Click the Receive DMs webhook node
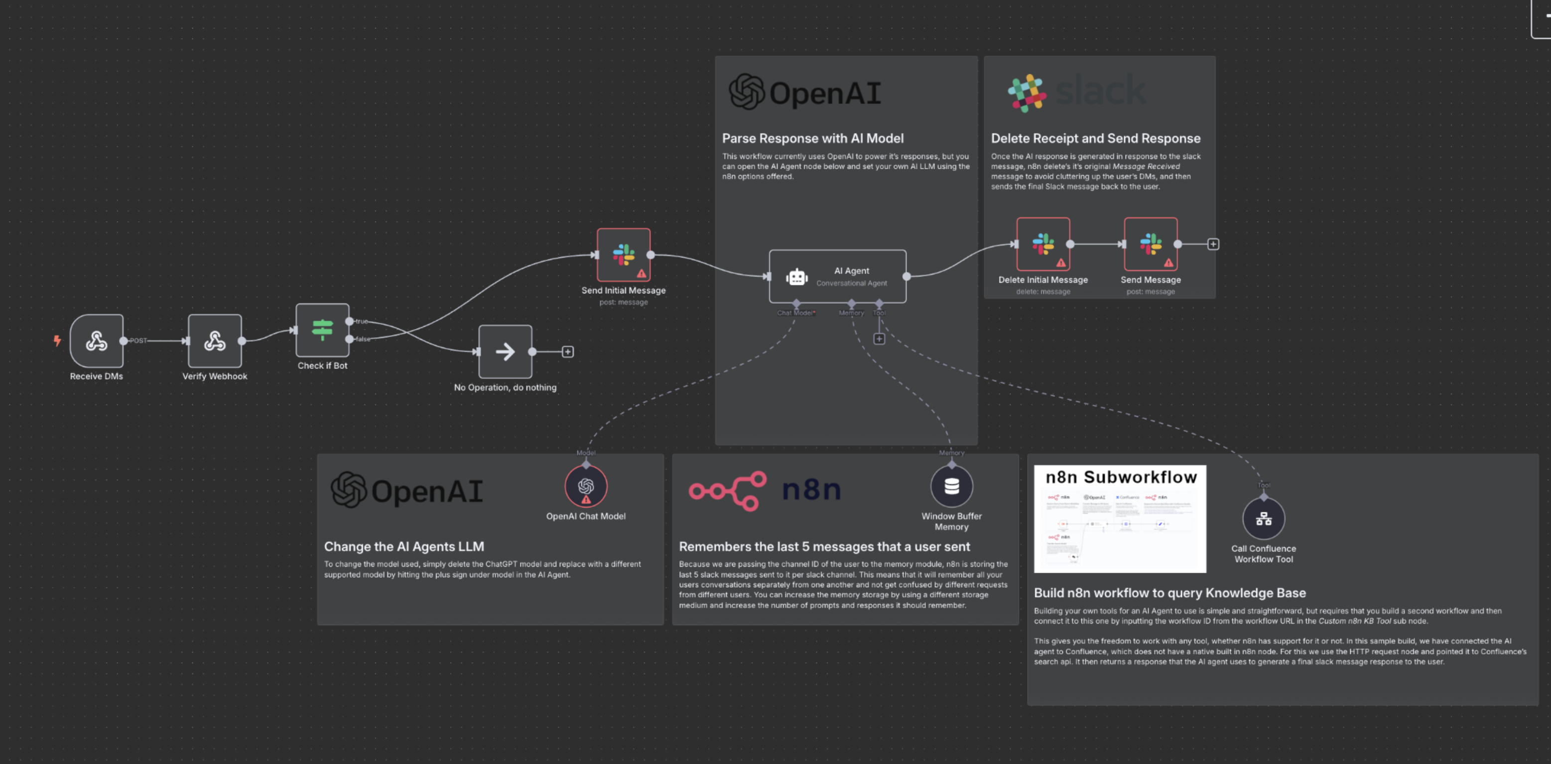click(96, 341)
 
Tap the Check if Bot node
click(322, 330)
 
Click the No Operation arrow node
click(505, 352)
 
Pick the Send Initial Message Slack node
click(623, 255)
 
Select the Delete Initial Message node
click(1043, 244)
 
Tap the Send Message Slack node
click(1150, 244)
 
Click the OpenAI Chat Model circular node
click(586, 486)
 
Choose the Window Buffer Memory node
click(951, 486)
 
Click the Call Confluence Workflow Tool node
click(1263, 518)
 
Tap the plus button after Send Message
click(1213, 244)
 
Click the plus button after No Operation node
click(567, 352)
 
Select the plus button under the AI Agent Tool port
click(879, 339)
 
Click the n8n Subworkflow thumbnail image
click(1119, 518)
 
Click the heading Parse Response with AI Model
click(812, 138)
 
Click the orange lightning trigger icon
click(57, 341)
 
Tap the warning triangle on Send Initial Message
click(641, 273)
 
